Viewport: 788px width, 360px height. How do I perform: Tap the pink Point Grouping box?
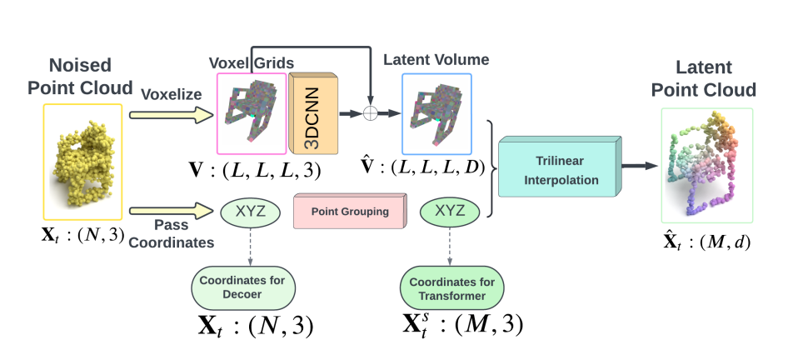(x=350, y=212)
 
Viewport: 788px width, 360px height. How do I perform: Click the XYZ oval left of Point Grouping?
(x=249, y=211)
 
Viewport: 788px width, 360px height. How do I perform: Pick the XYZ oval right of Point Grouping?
(x=450, y=211)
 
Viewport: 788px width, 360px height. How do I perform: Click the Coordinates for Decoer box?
(x=248, y=287)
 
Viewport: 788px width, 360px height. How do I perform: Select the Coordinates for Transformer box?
(x=451, y=287)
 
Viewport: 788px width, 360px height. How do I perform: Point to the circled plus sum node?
(x=370, y=112)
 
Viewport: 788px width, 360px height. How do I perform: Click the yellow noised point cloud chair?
(x=83, y=161)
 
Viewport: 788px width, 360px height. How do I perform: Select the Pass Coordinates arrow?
(x=170, y=209)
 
